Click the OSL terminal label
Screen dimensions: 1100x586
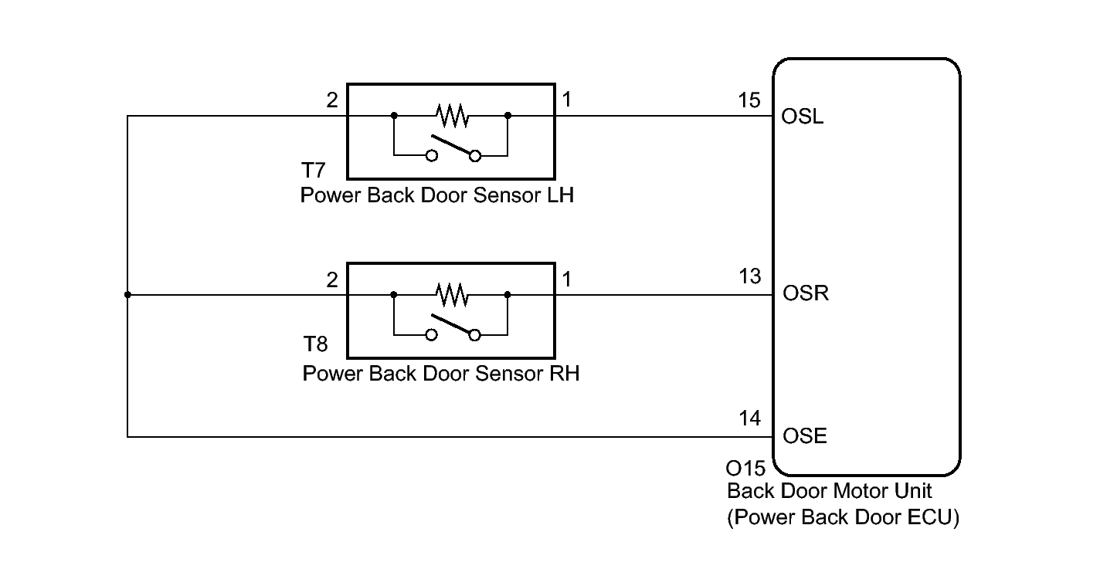pos(802,117)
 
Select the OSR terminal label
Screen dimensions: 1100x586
pos(806,293)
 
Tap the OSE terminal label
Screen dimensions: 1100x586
pos(804,435)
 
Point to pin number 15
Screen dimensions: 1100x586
pos(749,100)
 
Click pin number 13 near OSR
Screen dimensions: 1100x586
pos(750,276)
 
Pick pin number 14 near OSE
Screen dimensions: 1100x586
pos(749,418)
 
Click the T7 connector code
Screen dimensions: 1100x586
pos(313,171)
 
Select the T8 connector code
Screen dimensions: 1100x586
pos(315,344)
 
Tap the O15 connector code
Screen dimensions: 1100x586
pos(745,469)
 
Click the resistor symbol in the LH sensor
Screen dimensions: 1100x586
pos(452,115)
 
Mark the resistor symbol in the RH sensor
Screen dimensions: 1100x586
pos(452,294)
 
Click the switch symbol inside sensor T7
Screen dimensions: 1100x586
pos(453,147)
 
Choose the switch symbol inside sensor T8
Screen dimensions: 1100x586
pos(453,327)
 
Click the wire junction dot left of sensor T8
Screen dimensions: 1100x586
pos(127,294)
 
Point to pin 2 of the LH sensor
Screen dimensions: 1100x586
pos(332,100)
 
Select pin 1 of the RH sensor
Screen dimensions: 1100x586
pos(567,279)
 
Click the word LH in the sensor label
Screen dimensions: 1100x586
pos(560,195)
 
